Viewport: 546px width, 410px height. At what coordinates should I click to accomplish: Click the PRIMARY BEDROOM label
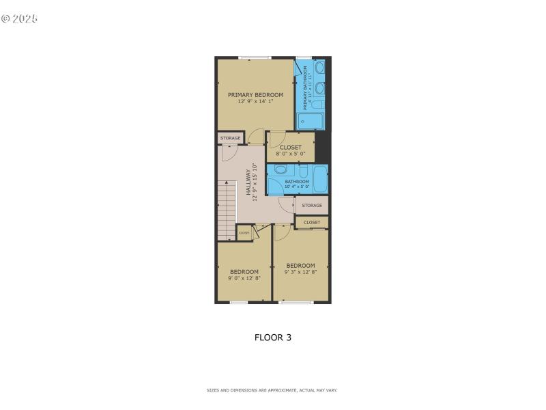[255, 94]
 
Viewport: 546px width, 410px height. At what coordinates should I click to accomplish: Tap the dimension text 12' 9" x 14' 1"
[255, 102]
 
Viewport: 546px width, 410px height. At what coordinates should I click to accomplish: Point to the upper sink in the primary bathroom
[319, 68]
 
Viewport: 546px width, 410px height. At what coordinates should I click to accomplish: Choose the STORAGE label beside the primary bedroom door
[230, 138]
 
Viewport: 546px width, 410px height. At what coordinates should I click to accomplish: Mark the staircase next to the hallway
[227, 208]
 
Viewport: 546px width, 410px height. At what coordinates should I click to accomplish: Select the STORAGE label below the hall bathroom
[312, 205]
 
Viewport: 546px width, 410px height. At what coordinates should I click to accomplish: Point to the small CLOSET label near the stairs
[244, 232]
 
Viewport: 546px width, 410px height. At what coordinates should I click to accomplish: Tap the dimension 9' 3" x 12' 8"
[300, 272]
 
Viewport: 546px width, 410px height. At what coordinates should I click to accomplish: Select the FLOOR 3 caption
[273, 337]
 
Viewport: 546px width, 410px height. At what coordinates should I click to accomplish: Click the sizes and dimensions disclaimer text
[272, 390]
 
